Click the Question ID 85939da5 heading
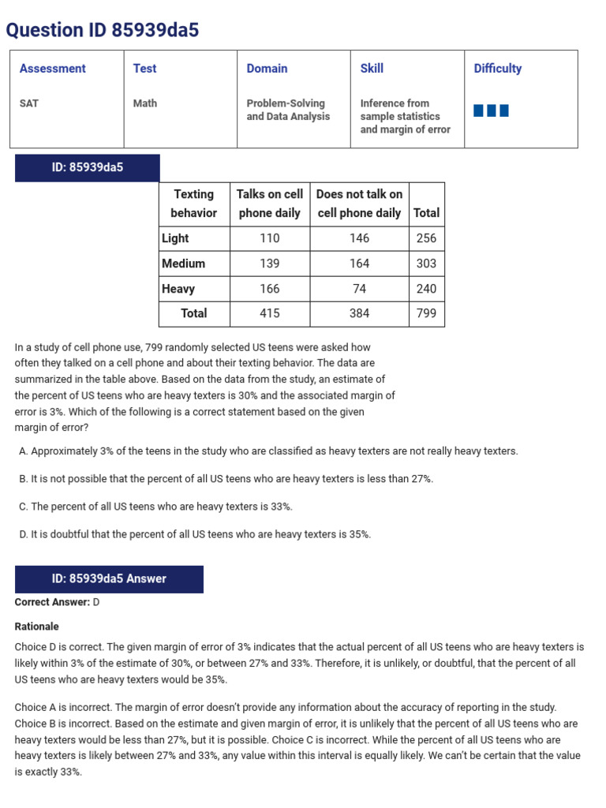(x=103, y=31)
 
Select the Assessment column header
(x=52, y=69)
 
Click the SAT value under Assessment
(x=29, y=103)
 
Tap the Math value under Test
(x=144, y=103)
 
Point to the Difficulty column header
(x=497, y=69)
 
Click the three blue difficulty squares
(x=491, y=110)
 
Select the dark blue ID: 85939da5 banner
(x=88, y=167)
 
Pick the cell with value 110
(x=270, y=238)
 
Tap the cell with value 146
(x=359, y=238)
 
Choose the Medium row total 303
(x=426, y=264)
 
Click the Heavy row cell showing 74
(x=359, y=289)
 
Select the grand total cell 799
(x=426, y=313)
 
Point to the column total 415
(x=270, y=313)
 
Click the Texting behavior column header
(x=194, y=204)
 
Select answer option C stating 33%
(x=155, y=507)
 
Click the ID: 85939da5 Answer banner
(x=109, y=579)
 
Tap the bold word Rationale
(x=37, y=627)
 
